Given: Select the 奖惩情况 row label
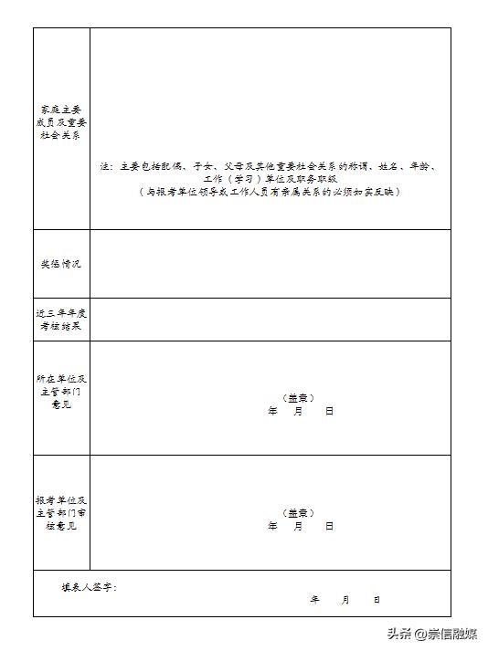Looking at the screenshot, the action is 61,264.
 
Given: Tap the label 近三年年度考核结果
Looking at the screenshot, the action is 61,320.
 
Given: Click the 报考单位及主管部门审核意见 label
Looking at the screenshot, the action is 61,513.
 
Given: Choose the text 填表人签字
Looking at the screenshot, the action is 89,587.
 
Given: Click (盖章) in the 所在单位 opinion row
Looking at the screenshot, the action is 299,398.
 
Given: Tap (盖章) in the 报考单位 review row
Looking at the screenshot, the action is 299,513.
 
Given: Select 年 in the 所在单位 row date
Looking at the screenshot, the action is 272,411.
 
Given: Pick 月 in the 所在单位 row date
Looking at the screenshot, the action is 299,411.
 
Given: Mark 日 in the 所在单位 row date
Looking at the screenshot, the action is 329,411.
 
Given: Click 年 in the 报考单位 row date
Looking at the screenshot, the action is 272,526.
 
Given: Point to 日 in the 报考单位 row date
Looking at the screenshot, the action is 329,526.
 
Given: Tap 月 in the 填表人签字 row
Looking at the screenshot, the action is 345,600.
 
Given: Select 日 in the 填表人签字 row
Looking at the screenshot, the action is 376,600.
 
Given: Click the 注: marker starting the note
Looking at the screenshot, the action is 106,167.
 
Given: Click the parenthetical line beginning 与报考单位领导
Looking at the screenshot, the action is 270,193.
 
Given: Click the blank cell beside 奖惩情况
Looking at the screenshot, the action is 270,264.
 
